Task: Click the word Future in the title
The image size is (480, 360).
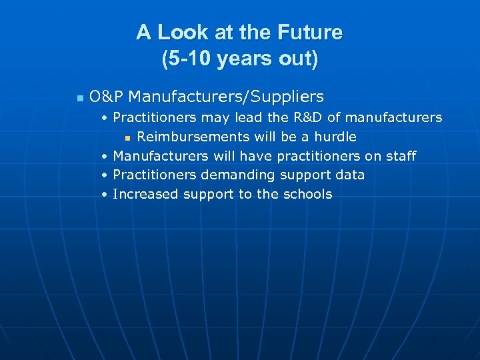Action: tap(309, 33)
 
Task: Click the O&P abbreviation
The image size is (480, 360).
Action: tap(106, 97)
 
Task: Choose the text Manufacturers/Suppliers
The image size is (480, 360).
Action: tap(226, 97)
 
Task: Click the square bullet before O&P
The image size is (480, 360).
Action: tap(79, 98)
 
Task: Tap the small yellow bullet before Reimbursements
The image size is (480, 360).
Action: tap(126, 138)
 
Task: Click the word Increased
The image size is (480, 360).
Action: tap(146, 195)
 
